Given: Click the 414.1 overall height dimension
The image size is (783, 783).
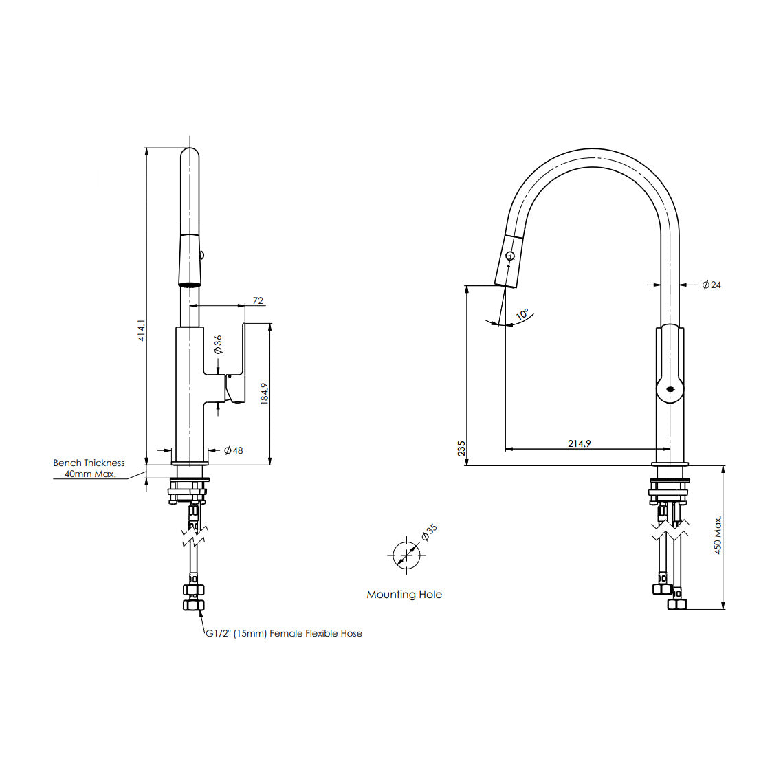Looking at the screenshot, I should (x=141, y=330).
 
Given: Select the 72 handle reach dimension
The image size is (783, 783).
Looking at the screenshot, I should (x=258, y=300).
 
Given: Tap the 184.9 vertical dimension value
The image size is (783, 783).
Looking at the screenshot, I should (x=264, y=394).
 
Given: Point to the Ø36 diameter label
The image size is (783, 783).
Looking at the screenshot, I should (x=218, y=344).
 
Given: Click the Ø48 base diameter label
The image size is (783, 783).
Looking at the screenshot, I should (x=234, y=450).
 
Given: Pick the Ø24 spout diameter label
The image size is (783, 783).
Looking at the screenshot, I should (x=712, y=285).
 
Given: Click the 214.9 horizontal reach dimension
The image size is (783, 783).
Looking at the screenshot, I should (x=579, y=443).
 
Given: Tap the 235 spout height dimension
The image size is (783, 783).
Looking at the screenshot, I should (x=461, y=449).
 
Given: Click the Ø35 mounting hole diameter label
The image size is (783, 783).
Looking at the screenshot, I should (x=428, y=533).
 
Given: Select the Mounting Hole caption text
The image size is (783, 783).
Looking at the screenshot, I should (x=404, y=595).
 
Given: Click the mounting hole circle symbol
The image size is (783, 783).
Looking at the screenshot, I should (x=406, y=554).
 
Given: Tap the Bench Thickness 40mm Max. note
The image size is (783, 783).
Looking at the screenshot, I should (x=89, y=469).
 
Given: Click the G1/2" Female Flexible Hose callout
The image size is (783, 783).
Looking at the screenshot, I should (x=284, y=633).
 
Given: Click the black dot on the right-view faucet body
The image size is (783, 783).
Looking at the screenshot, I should (x=670, y=390).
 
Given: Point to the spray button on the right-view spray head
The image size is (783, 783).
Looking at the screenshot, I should (x=509, y=256).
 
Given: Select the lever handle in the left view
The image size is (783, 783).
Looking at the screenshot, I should (x=236, y=364).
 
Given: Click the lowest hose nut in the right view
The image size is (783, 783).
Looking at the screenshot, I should (x=677, y=604).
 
